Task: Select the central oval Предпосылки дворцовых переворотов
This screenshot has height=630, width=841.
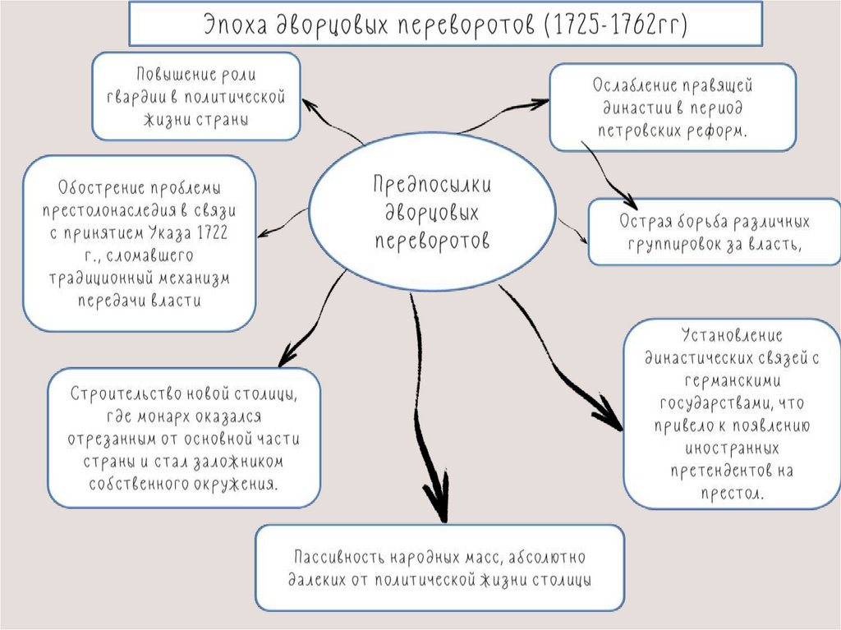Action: pyautogui.click(x=432, y=211)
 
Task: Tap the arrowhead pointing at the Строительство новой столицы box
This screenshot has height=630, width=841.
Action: pyautogui.click(x=287, y=357)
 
